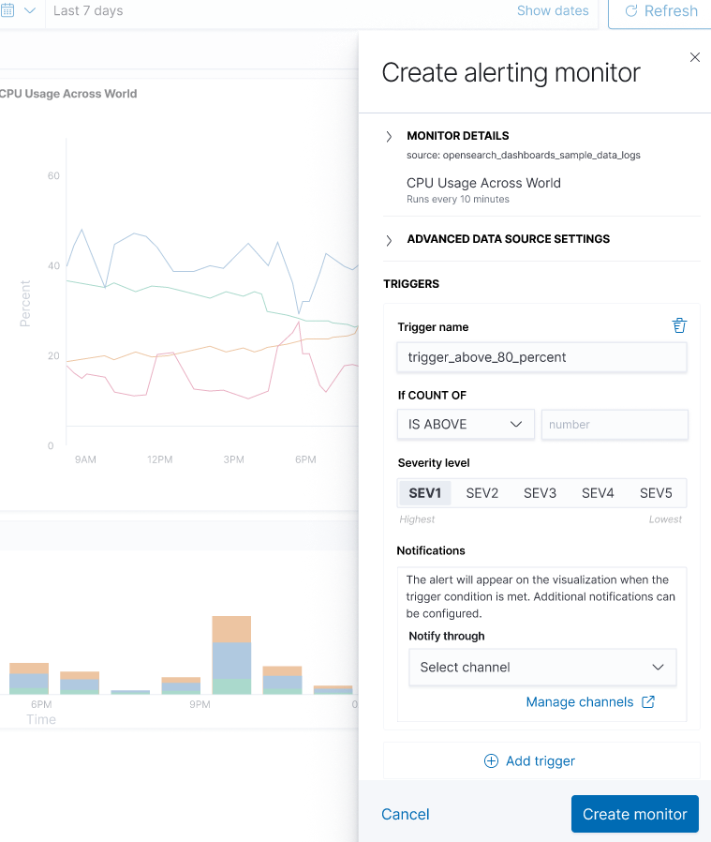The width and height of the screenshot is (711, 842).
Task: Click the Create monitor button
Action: [635, 814]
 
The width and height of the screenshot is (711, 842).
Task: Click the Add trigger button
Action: [529, 760]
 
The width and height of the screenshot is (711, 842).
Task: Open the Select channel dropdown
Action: [542, 668]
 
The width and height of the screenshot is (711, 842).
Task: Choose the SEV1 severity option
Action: [425, 493]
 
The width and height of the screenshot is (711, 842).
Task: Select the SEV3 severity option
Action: [541, 493]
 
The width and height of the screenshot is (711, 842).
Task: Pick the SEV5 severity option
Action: [656, 493]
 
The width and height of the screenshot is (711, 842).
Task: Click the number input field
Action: [615, 425]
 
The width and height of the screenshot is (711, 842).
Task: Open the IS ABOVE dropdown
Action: [466, 425]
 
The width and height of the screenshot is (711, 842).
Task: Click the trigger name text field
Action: [541, 357]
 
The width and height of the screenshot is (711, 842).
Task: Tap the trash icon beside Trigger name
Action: [679, 325]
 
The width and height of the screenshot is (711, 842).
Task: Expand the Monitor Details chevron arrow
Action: [389, 137]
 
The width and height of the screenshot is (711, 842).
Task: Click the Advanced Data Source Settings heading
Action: [508, 239]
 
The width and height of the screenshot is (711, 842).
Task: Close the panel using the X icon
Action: [695, 57]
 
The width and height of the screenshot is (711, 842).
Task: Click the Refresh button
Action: [660, 11]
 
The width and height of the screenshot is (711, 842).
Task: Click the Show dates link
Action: [553, 11]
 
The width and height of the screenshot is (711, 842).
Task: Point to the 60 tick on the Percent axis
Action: [53, 176]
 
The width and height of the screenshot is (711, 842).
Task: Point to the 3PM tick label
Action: [233, 459]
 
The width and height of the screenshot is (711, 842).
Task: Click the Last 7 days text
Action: [88, 11]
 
